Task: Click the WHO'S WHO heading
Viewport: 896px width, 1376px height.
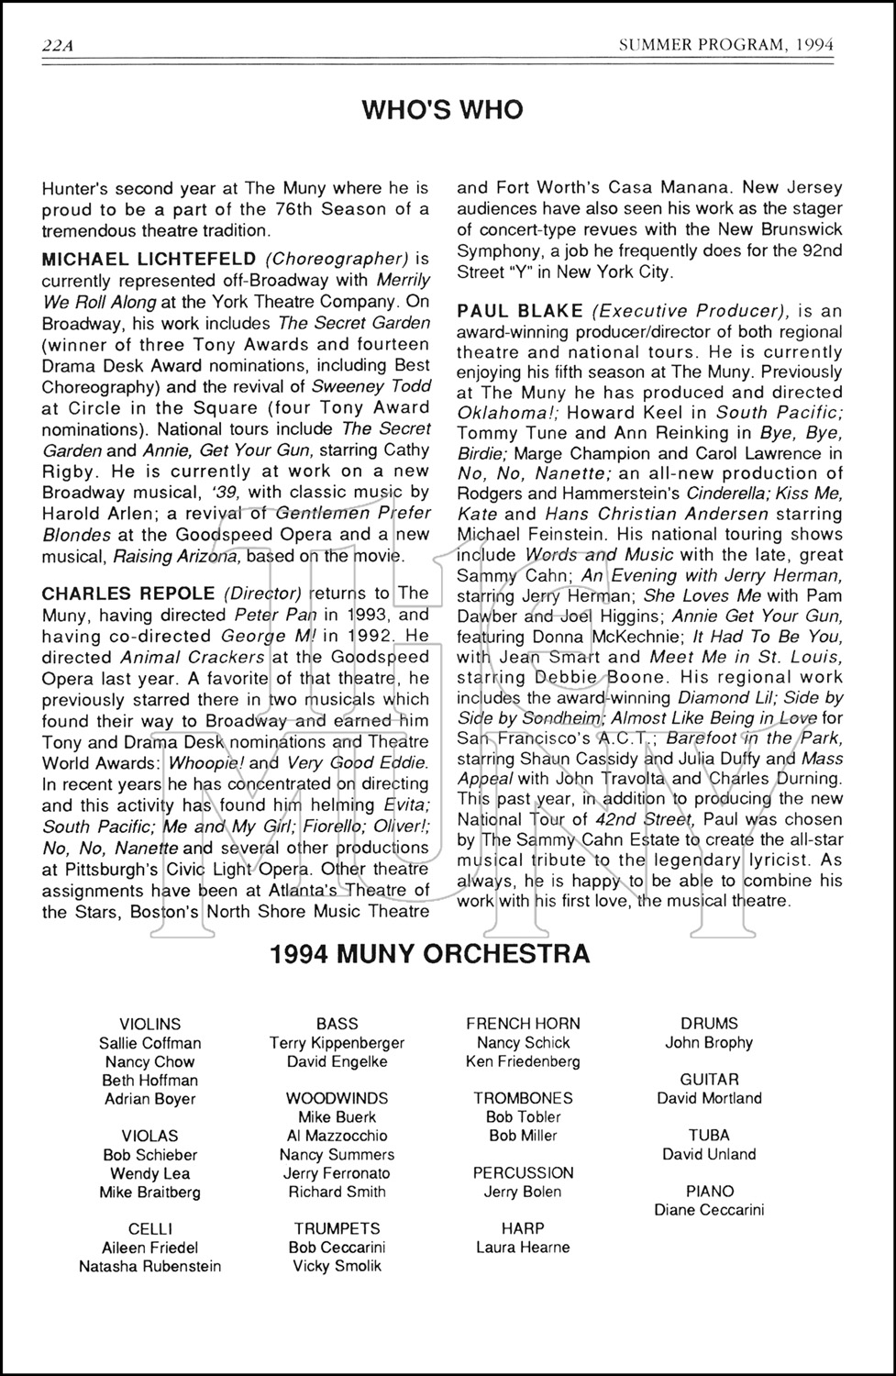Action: tap(442, 110)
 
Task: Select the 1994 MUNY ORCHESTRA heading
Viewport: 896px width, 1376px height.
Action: tap(430, 954)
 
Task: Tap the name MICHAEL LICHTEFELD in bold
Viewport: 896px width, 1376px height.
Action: tap(149, 260)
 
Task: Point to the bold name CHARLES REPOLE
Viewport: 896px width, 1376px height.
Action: tap(128, 594)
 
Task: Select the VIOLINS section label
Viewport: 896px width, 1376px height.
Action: tap(150, 1024)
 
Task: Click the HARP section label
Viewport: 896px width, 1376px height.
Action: tap(523, 1227)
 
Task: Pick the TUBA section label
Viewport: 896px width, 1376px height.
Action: tap(709, 1135)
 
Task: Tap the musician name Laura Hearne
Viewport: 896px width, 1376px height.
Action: tap(523, 1247)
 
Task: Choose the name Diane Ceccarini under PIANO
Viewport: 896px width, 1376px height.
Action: tap(709, 1210)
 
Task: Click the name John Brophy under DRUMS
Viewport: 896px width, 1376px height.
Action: tap(709, 1042)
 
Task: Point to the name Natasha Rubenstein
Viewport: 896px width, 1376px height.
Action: tap(150, 1266)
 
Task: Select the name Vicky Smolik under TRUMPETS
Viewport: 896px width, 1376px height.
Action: tap(337, 1266)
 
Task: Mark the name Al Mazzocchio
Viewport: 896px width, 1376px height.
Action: tap(337, 1136)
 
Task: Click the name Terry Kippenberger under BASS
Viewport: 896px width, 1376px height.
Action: tap(337, 1042)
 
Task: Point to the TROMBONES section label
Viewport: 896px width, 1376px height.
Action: tap(523, 1098)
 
